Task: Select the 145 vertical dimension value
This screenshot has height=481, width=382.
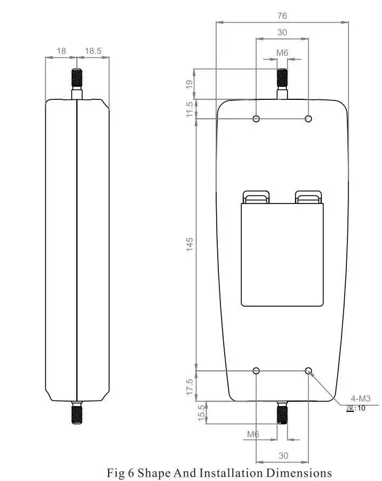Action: (190, 244)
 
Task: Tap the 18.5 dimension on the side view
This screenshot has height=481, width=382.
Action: (93, 51)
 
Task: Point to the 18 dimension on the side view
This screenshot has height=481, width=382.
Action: (61, 51)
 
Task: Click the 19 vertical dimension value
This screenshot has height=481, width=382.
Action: (190, 84)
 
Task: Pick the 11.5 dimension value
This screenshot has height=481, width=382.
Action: (190, 109)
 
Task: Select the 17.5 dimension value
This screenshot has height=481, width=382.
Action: (190, 386)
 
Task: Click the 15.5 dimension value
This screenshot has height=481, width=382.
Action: (202, 413)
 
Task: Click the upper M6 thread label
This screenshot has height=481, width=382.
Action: (282, 52)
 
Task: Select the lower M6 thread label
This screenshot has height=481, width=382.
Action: (253, 433)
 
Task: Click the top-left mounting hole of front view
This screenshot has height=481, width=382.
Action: (256, 118)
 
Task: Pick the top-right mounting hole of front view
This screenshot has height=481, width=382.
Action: (309, 118)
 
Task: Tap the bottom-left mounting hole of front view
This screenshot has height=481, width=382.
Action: (256, 370)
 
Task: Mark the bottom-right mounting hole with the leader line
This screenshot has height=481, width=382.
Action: (309, 370)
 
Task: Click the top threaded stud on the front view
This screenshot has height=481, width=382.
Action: (282, 79)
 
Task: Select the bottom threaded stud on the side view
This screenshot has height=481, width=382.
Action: (77, 414)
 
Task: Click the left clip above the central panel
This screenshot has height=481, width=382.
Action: (256, 197)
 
